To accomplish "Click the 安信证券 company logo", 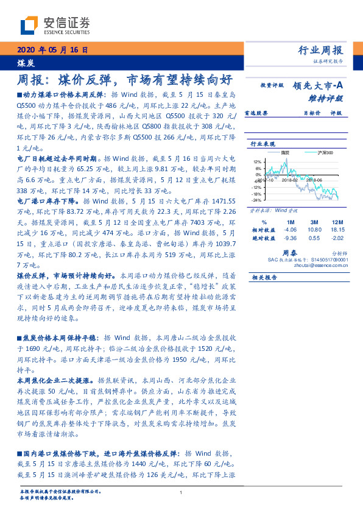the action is tap(55, 25).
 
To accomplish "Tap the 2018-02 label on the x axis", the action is tap(289, 180).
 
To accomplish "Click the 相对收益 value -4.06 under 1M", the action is tap(289, 230).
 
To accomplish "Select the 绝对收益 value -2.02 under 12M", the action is tap(339, 238).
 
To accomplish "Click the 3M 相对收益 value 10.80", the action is tap(314, 230).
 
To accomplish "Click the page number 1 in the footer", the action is tap(181, 493).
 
